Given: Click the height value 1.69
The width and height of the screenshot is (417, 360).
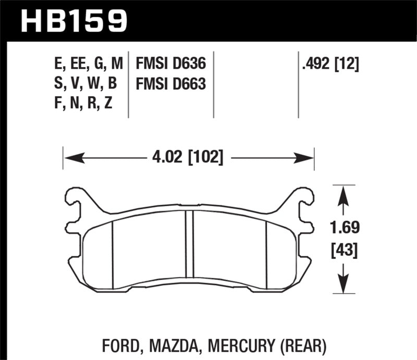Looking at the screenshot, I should pos(342,228).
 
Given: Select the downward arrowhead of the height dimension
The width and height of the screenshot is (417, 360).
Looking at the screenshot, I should pos(342,285).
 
